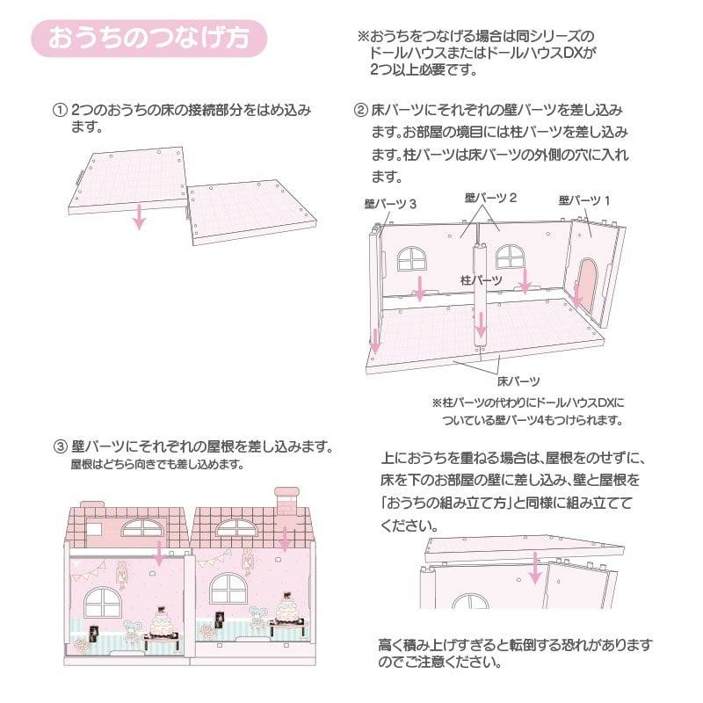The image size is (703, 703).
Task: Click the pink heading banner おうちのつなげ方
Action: [149, 38]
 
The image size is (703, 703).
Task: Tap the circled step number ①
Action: [60, 111]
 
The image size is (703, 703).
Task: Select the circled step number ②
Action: [361, 111]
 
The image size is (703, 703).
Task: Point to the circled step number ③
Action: [60, 447]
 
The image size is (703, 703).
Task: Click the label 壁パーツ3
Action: [390, 205]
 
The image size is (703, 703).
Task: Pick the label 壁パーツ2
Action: [490, 198]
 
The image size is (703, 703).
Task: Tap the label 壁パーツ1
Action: [584, 200]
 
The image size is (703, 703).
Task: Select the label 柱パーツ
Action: [481, 280]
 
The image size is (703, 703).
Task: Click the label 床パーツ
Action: [518, 381]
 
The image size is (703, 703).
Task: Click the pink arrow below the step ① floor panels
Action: [140, 216]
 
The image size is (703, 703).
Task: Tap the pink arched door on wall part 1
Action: [586, 286]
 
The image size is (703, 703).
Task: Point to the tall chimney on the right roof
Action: [287, 501]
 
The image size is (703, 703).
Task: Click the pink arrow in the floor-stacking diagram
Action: [534, 568]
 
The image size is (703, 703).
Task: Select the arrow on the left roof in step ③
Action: [159, 554]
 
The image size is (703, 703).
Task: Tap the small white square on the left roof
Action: [94, 529]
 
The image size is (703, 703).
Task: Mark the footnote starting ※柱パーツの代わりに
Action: [528, 411]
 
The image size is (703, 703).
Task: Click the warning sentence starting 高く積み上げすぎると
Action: [515, 653]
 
